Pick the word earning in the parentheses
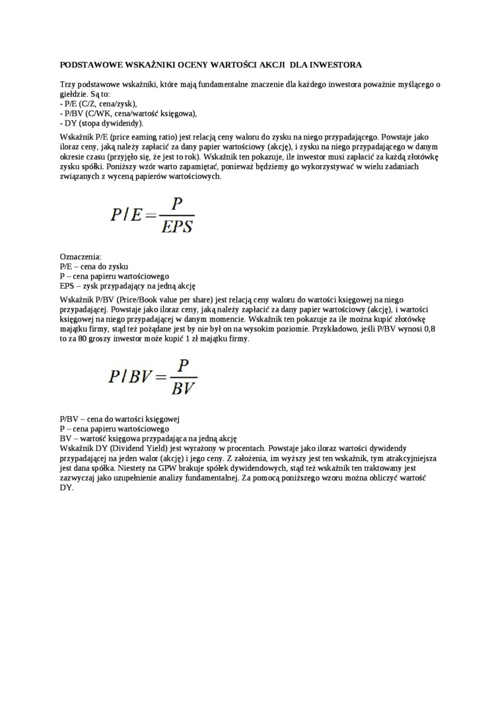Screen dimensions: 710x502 point(131,137)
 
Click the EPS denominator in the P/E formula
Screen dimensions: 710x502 point(177,227)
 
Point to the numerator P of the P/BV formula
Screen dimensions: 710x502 point(183,366)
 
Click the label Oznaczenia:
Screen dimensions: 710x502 point(81,257)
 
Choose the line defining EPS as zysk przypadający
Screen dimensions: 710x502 point(127,286)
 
